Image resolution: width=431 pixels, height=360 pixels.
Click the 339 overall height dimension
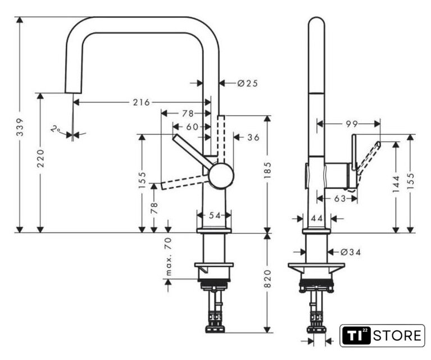20,127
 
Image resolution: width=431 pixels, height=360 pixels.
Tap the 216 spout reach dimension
142,102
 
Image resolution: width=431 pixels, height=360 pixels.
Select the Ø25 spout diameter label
248,83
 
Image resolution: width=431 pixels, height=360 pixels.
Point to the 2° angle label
56,129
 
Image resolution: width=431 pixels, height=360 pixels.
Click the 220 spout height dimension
40,158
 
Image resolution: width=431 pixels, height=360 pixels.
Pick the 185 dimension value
267,170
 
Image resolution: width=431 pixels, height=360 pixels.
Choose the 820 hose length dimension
267,278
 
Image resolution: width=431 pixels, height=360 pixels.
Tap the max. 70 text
169,256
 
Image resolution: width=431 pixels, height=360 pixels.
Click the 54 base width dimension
215,215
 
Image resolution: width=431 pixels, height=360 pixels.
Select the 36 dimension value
253,137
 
